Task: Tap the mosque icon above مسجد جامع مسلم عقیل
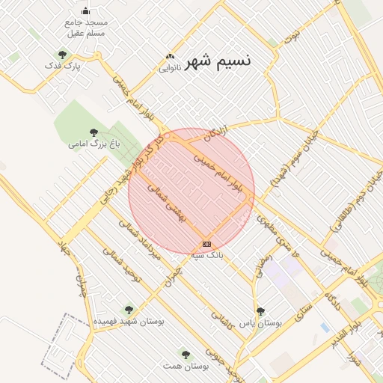[85, 10]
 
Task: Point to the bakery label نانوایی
[169, 67]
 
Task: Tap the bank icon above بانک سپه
[206, 244]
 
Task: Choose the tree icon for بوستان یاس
[260, 311]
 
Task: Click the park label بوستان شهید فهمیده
[128, 321]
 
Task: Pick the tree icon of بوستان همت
[186, 355]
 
